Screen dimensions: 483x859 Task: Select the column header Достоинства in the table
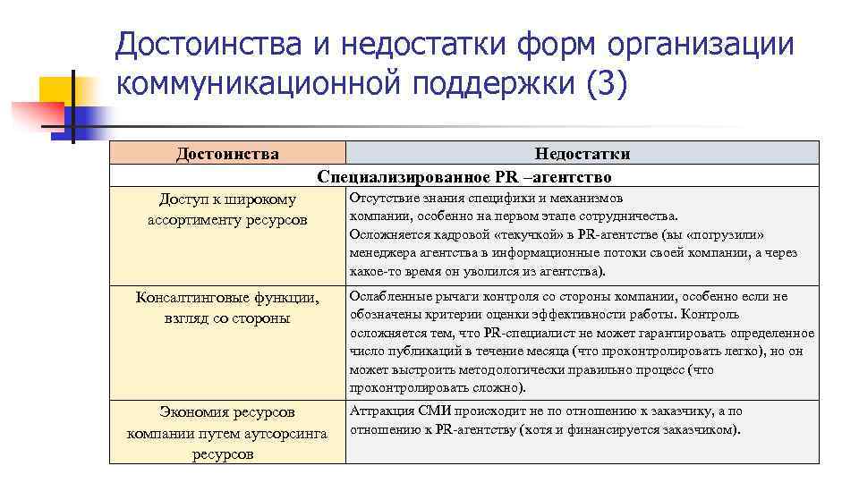227,154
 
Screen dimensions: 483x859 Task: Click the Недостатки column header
582,154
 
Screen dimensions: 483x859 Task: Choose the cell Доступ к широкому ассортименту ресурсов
227,209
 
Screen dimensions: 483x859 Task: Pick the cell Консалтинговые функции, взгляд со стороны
227,308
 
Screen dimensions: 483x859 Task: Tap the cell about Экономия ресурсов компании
227,433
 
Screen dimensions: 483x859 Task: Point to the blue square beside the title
87,107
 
